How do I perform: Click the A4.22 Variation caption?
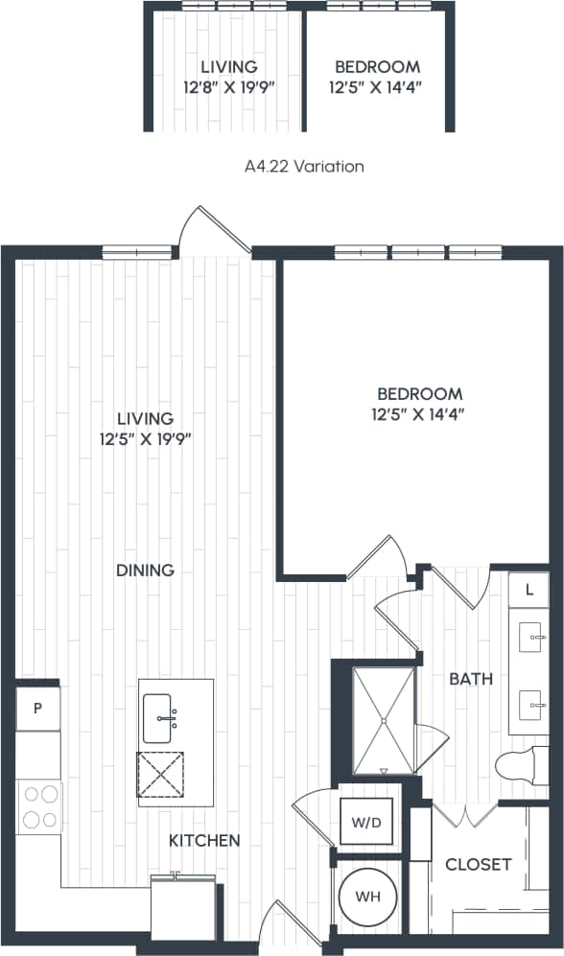(x=304, y=167)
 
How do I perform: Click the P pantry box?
(x=37, y=709)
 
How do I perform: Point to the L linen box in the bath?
(x=529, y=589)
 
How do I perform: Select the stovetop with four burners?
(x=38, y=806)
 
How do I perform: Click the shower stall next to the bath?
(x=383, y=718)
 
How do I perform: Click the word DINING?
(x=145, y=571)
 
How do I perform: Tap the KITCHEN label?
(x=204, y=841)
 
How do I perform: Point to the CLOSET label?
(x=478, y=865)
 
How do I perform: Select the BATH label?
(x=471, y=679)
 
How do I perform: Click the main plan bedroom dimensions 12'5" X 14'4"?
(x=419, y=415)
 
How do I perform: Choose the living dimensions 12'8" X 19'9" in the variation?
(x=228, y=86)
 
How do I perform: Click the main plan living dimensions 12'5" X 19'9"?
(x=145, y=440)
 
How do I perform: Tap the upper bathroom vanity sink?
(x=530, y=636)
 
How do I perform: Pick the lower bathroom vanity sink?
(x=530, y=708)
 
